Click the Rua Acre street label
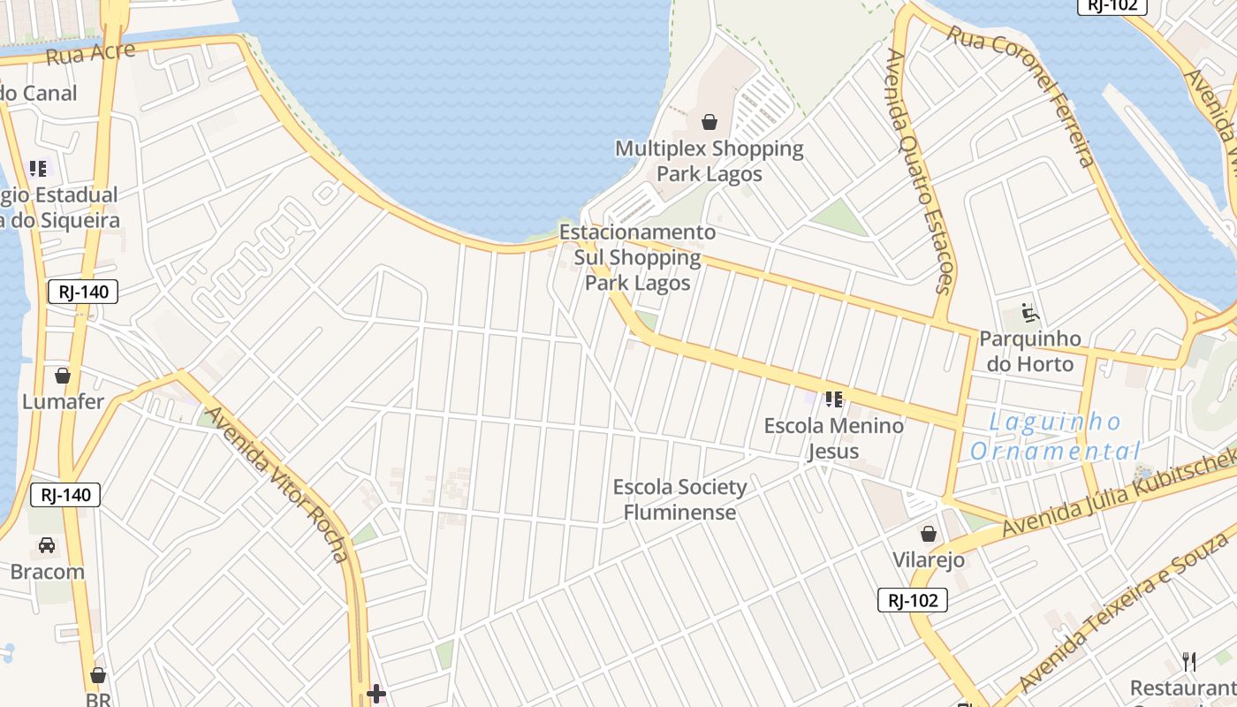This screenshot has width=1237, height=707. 90,53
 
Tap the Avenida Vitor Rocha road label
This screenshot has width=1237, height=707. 277,484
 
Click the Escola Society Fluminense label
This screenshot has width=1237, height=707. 679,499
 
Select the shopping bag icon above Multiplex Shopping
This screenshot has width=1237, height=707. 709,122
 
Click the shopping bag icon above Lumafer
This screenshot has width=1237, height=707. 63,376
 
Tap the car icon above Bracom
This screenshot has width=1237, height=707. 47,545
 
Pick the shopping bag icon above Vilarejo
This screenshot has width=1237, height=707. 929,534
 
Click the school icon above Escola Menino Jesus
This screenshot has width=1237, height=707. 833,399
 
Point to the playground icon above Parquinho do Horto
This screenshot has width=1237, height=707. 1029,313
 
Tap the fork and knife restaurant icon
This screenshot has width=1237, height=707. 1189,661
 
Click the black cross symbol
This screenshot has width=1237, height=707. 376,694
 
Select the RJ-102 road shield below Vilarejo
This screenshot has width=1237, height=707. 913,601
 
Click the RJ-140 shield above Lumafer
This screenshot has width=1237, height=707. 83,292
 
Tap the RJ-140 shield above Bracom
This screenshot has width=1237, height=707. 65,495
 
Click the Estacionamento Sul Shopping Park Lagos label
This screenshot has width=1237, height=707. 637,257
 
